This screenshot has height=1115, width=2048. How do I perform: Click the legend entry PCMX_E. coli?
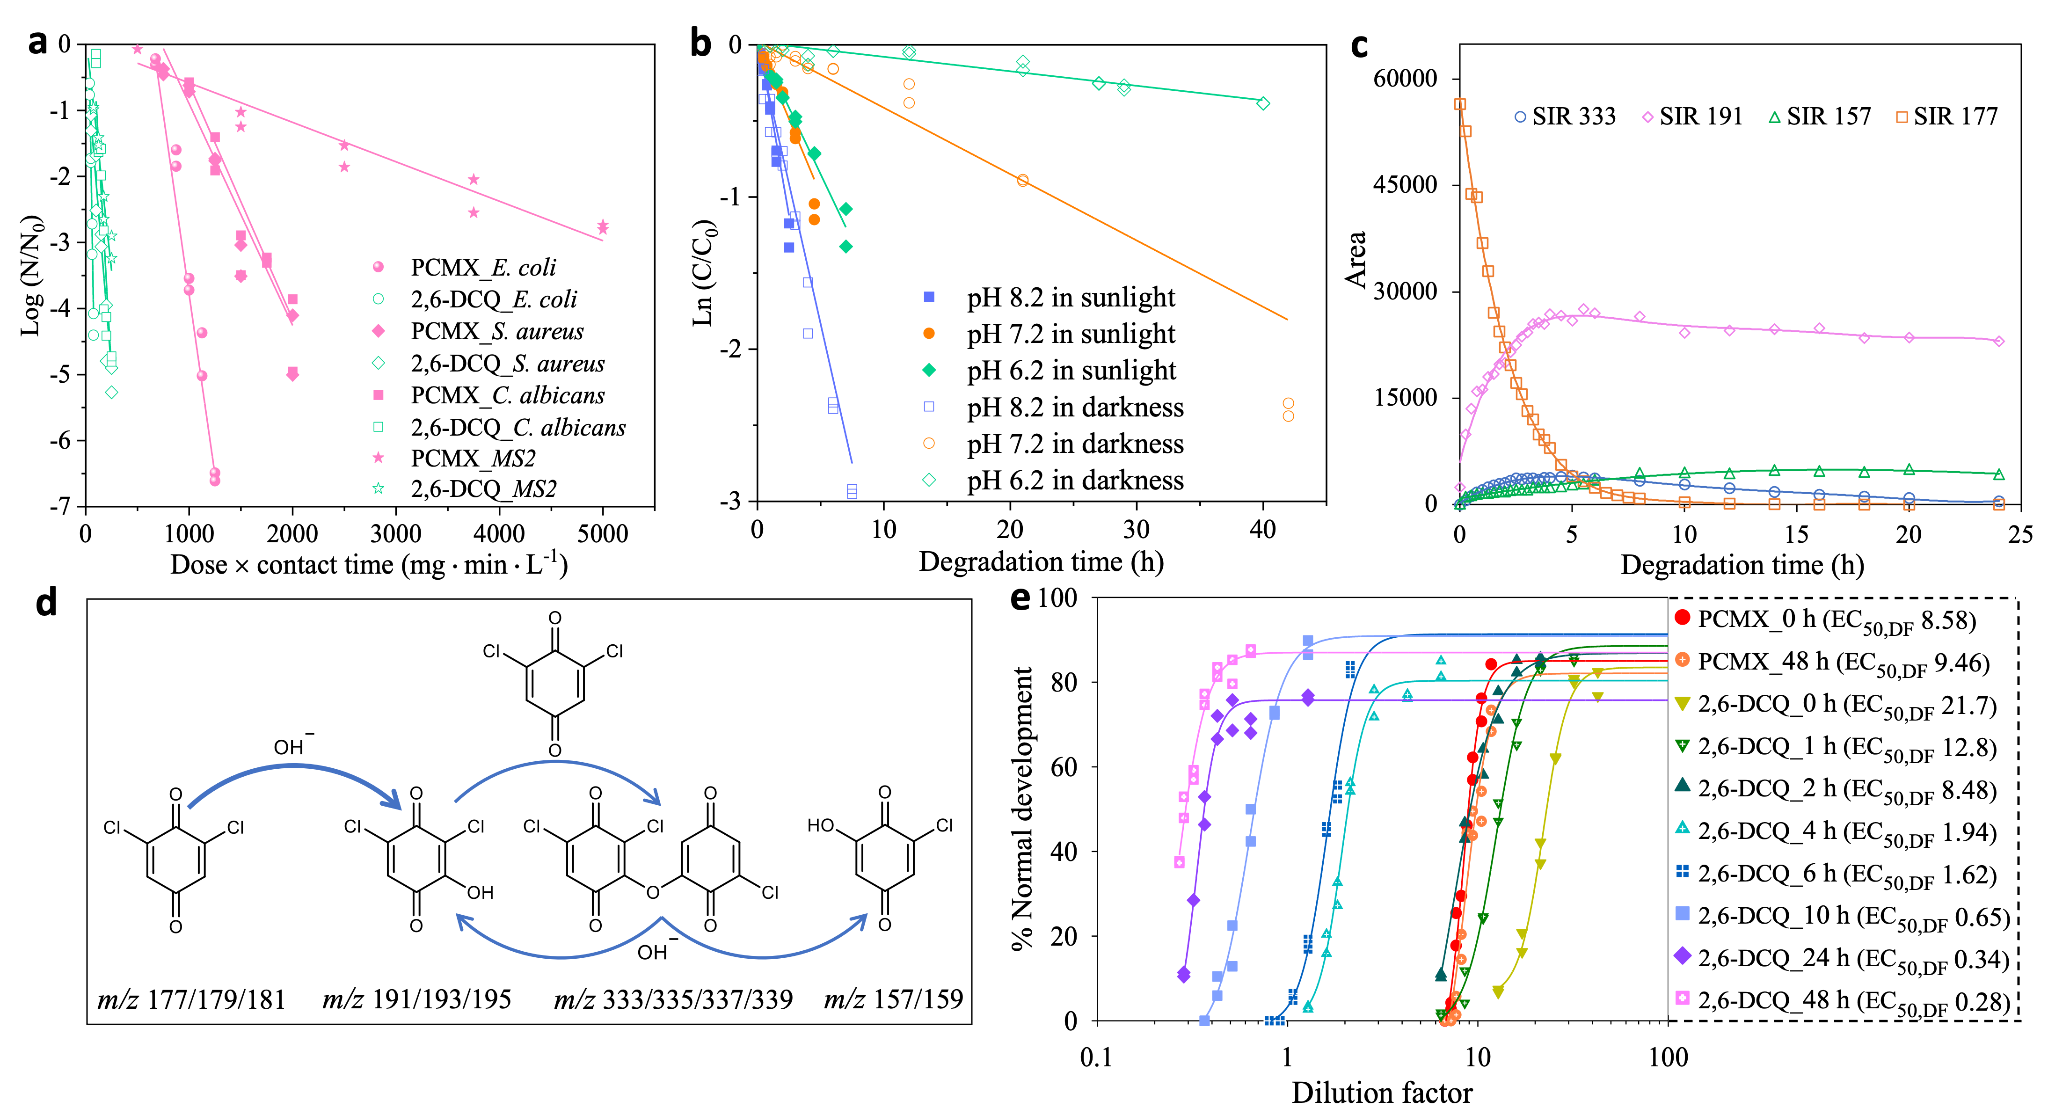click(x=482, y=268)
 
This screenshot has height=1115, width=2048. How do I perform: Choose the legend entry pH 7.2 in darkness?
click(x=1075, y=444)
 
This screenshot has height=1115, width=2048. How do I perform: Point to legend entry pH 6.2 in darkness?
click(x=1075, y=481)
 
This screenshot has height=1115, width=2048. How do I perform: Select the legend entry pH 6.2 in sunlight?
click(x=1070, y=371)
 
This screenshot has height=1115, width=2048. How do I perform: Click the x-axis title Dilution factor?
click(x=1382, y=1093)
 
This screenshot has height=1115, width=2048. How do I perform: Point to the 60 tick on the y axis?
click(x=1064, y=767)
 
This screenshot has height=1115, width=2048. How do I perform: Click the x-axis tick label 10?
click(x=1477, y=1058)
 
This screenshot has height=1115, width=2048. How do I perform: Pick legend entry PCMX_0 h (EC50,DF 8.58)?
click(x=1836, y=620)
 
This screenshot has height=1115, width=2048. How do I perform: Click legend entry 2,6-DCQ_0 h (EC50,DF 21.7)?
click(x=1846, y=705)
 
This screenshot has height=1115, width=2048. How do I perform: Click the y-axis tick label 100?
click(x=1057, y=598)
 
